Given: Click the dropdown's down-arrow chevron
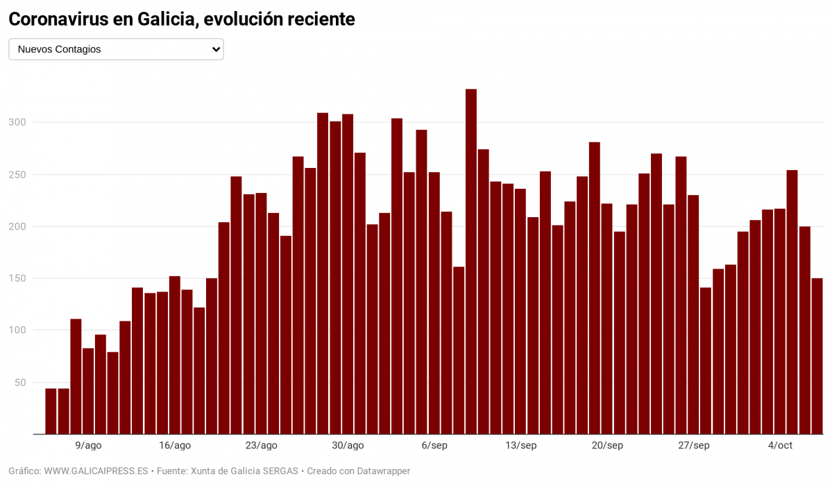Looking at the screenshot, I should click(x=216, y=49).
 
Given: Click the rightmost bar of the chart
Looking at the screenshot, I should click(x=817, y=356).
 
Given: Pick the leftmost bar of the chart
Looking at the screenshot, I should click(x=51, y=411).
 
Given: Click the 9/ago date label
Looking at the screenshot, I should click(x=88, y=446).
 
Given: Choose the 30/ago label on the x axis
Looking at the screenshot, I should click(x=348, y=446).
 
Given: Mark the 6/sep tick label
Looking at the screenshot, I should click(x=434, y=446).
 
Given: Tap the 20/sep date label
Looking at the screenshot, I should click(x=607, y=446).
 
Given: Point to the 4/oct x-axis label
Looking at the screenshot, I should click(x=780, y=446).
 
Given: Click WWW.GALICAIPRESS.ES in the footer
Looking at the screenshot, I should click(x=96, y=471).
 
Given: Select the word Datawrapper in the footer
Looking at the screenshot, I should click(x=382, y=471).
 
